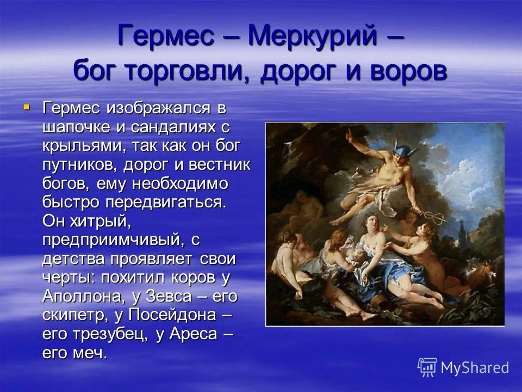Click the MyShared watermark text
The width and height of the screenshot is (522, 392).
(474, 367)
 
